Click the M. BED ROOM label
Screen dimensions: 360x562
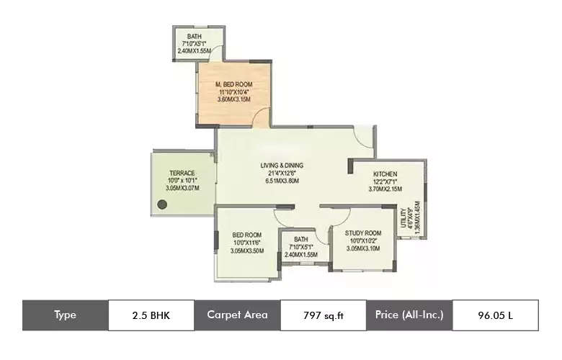pos(233,84)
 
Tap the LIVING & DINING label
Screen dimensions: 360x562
pos(282,166)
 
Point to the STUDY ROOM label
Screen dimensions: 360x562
pos(362,233)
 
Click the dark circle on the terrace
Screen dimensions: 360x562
pos(163,204)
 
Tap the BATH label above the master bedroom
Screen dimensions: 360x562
pos(194,37)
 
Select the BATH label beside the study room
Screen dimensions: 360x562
pos(301,240)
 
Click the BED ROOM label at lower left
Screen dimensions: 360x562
pos(247,235)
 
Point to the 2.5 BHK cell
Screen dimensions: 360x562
pos(151,315)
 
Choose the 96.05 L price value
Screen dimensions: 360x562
pos(494,315)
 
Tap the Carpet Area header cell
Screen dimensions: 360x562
pos(237,315)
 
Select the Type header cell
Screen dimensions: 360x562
pos(65,315)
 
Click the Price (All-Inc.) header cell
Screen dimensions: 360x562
pos(409,315)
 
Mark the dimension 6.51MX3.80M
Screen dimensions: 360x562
pos(282,181)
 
